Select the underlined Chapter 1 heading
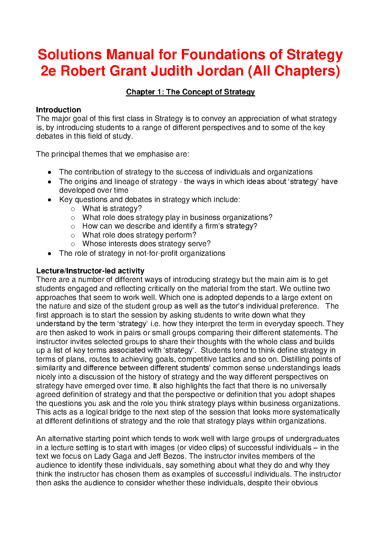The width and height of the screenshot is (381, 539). pos(190,92)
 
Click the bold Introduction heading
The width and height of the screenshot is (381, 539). pos(58,110)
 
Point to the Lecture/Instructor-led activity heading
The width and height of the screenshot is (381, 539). pos(90,271)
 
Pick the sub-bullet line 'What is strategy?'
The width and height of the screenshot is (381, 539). pos(112,208)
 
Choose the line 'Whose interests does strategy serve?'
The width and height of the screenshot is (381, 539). pos(146,244)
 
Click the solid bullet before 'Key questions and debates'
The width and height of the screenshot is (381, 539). pos(49,200)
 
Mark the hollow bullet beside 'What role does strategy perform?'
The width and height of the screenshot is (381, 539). pos(73,235)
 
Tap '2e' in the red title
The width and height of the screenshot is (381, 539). pos(48,71)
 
